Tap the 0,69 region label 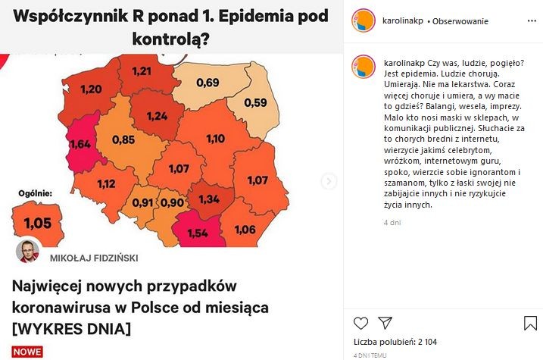tap(209, 82)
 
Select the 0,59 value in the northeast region tap(260, 102)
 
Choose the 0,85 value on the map tap(123, 139)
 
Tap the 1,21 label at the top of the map tap(142, 70)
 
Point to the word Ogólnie tap(35, 193)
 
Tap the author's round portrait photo tap(28, 252)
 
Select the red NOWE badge tap(27, 352)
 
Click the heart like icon tap(362, 322)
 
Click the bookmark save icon tap(529, 323)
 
